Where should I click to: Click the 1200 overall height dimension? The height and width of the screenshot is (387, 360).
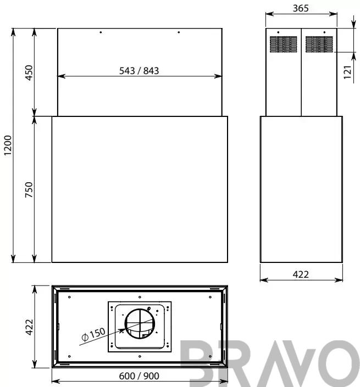[x=8, y=145]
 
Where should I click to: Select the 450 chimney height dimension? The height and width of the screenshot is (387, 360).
[x=29, y=72]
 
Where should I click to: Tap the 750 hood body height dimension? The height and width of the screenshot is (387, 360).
[x=29, y=189]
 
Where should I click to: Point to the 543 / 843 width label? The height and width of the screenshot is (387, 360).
[x=139, y=71]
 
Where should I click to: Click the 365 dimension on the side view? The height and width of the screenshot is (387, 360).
[x=301, y=8]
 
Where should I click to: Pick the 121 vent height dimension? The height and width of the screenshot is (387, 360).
[x=347, y=72]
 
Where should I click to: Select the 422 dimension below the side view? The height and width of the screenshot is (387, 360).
[x=301, y=274]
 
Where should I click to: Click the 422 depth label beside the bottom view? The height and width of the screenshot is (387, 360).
[x=29, y=327]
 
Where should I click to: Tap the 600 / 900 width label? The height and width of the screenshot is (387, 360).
[x=139, y=376]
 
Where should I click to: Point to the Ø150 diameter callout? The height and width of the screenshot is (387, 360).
[x=93, y=334]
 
